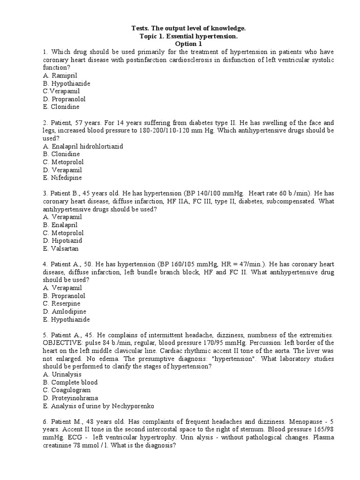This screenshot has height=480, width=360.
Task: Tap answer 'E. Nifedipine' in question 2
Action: tap(62, 178)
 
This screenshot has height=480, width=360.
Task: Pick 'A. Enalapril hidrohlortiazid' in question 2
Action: tap(83, 146)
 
